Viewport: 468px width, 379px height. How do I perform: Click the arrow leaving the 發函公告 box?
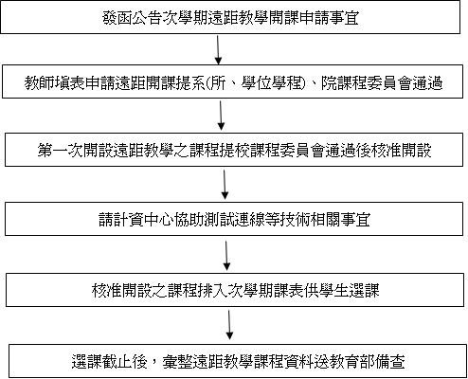tap(218, 50)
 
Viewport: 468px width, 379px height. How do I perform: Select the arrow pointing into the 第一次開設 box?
tap(221, 116)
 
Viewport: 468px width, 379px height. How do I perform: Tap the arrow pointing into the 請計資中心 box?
tap(225, 185)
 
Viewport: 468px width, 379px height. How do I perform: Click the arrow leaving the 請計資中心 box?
tap(226, 256)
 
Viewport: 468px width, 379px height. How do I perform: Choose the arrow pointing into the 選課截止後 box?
tap(229, 325)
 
